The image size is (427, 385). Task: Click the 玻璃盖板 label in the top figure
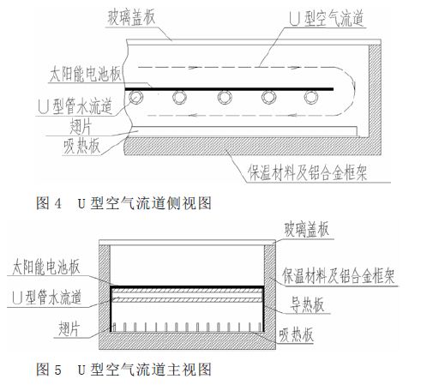click(x=131, y=17)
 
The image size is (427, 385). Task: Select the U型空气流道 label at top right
click(x=326, y=18)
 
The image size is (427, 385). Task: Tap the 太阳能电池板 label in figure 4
click(x=86, y=75)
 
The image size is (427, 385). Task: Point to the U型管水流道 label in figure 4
click(x=75, y=106)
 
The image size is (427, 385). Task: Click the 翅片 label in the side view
click(x=81, y=126)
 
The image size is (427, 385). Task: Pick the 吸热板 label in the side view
click(x=81, y=147)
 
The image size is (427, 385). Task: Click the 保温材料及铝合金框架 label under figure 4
click(x=307, y=173)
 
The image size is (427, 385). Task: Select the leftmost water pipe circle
click(x=135, y=98)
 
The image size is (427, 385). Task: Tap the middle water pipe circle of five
click(x=225, y=98)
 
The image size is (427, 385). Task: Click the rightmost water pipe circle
click(x=311, y=98)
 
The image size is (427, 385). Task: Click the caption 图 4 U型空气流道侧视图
click(x=123, y=203)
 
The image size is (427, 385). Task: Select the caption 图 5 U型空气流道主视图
click(x=123, y=369)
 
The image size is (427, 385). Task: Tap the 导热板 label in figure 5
click(x=307, y=304)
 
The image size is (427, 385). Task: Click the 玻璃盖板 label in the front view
click(x=306, y=230)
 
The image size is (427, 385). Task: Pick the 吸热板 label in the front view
click(x=296, y=334)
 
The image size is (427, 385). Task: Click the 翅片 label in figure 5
click(x=69, y=328)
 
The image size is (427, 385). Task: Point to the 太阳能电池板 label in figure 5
click(x=45, y=268)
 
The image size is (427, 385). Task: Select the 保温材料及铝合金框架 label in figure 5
click(x=339, y=276)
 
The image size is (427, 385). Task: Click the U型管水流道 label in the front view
click(x=47, y=298)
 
